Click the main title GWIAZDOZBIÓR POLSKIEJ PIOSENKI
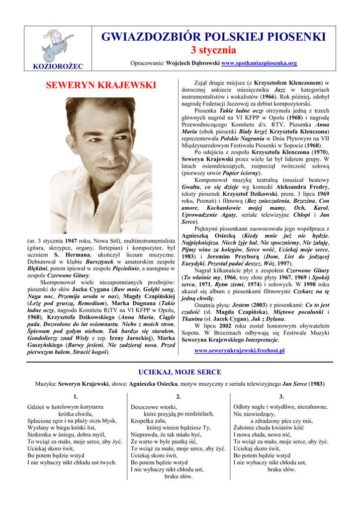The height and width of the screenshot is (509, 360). click(x=214, y=37)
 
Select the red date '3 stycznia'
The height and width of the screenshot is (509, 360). click(x=214, y=50)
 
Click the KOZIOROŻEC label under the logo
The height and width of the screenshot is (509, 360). click(x=51, y=66)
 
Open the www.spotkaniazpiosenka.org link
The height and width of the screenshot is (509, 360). click(x=259, y=63)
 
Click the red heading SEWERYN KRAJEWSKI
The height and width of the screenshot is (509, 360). click(x=101, y=85)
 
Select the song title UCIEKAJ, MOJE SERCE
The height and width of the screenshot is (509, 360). click(x=180, y=372)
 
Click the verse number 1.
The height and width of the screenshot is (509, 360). click(x=76, y=396)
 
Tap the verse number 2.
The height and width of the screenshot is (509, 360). click(x=179, y=396)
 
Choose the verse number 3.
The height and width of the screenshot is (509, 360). click(x=281, y=396)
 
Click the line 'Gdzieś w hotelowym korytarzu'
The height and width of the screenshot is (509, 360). click(x=65, y=407)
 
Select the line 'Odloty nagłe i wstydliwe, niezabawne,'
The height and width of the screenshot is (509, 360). click(x=280, y=407)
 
